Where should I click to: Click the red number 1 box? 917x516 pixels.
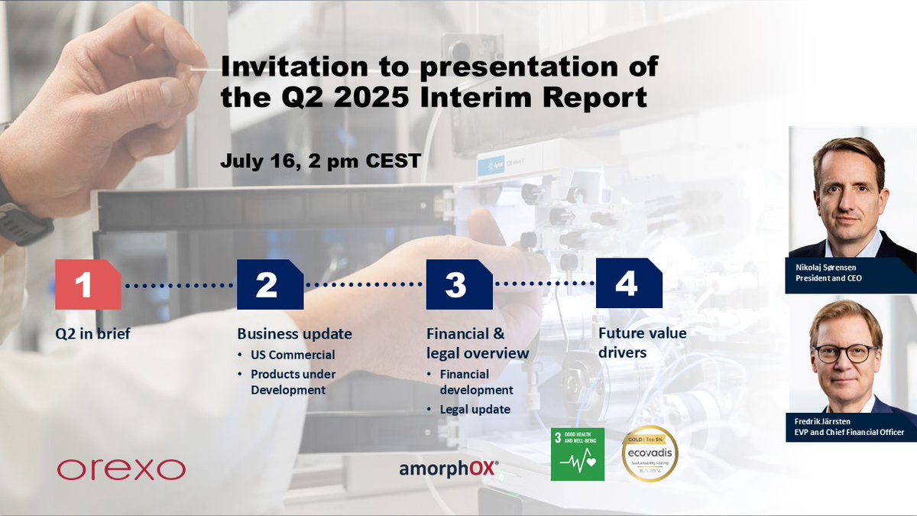coord(87,284)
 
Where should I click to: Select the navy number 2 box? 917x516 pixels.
coord(270,284)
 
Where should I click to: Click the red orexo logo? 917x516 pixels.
coord(121,469)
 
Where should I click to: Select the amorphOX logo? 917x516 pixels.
coord(449,468)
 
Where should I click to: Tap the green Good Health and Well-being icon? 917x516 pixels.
coord(577,453)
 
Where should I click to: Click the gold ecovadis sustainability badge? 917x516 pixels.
coord(650,453)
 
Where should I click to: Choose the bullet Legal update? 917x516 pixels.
coord(475,409)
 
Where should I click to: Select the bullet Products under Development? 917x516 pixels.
coord(293,381)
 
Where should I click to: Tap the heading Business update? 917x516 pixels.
coord(294,333)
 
